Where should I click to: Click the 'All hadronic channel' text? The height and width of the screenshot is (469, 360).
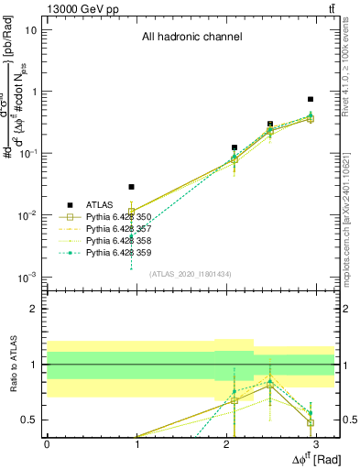pos(191,38)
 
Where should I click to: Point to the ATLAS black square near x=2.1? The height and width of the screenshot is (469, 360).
pos(235,147)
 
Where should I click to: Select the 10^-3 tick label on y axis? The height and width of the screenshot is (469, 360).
pos(27,277)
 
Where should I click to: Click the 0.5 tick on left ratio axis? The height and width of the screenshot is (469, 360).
pos(30,420)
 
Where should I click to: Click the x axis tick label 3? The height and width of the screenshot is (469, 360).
pos(315,442)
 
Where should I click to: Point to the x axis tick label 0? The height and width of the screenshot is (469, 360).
pos(47,442)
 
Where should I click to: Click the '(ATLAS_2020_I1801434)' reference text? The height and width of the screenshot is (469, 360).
pos(191,273)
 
